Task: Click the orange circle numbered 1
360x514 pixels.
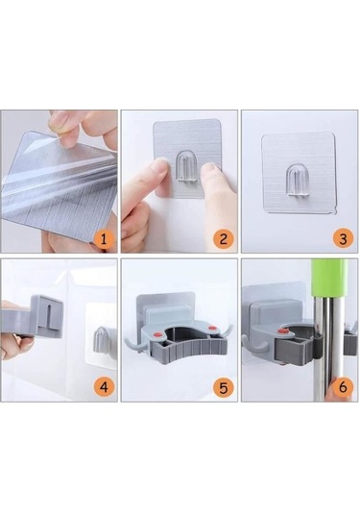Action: click(x=104, y=239)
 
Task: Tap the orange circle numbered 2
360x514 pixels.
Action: click(x=224, y=238)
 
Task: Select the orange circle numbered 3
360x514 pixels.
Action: click(x=343, y=238)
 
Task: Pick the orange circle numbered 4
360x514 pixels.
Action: click(x=104, y=387)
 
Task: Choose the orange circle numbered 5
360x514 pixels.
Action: click(x=224, y=388)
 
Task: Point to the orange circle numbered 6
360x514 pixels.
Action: click(x=343, y=387)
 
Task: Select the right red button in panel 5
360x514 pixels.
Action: click(x=212, y=328)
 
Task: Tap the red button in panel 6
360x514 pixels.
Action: click(x=283, y=331)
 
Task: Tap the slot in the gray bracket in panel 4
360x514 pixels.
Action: click(x=50, y=316)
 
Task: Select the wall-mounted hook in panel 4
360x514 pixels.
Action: click(x=102, y=337)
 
